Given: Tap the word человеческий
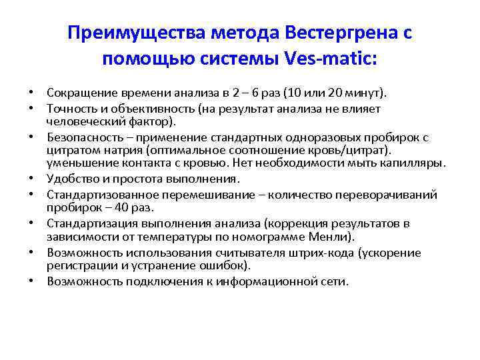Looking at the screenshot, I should (83, 121).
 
